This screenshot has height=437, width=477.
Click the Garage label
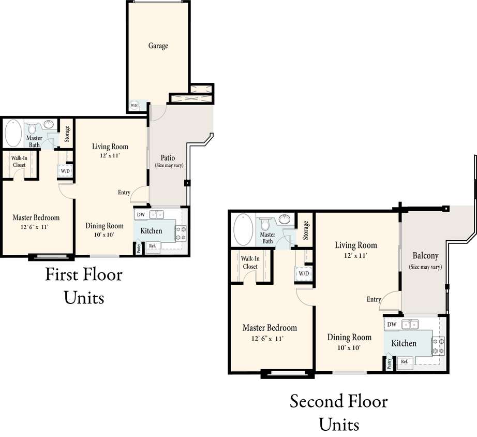click(x=158, y=46)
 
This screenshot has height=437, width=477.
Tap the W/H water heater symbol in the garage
click(x=134, y=106)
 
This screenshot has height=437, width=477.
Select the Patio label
click(x=168, y=158)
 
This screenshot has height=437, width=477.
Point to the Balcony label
click(x=425, y=256)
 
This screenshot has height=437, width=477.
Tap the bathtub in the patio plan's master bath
click(x=13, y=133)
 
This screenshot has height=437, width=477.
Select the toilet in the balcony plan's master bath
click(x=266, y=225)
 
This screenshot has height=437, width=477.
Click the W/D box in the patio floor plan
click(x=65, y=171)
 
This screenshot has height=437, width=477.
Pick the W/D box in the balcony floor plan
click(x=304, y=273)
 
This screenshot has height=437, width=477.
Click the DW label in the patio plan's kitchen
click(x=141, y=214)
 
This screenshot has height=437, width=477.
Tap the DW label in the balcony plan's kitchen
click(x=392, y=325)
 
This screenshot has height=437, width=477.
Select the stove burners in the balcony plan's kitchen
click(x=438, y=345)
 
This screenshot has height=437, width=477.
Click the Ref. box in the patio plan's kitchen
click(x=153, y=246)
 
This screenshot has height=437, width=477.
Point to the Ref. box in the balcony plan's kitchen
click(x=405, y=362)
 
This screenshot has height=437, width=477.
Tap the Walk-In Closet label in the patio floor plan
click(x=19, y=161)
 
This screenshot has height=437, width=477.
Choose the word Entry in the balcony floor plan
click(x=374, y=299)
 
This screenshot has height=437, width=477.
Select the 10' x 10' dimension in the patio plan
click(x=104, y=235)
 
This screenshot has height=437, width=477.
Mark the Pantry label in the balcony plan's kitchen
click(x=389, y=363)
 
